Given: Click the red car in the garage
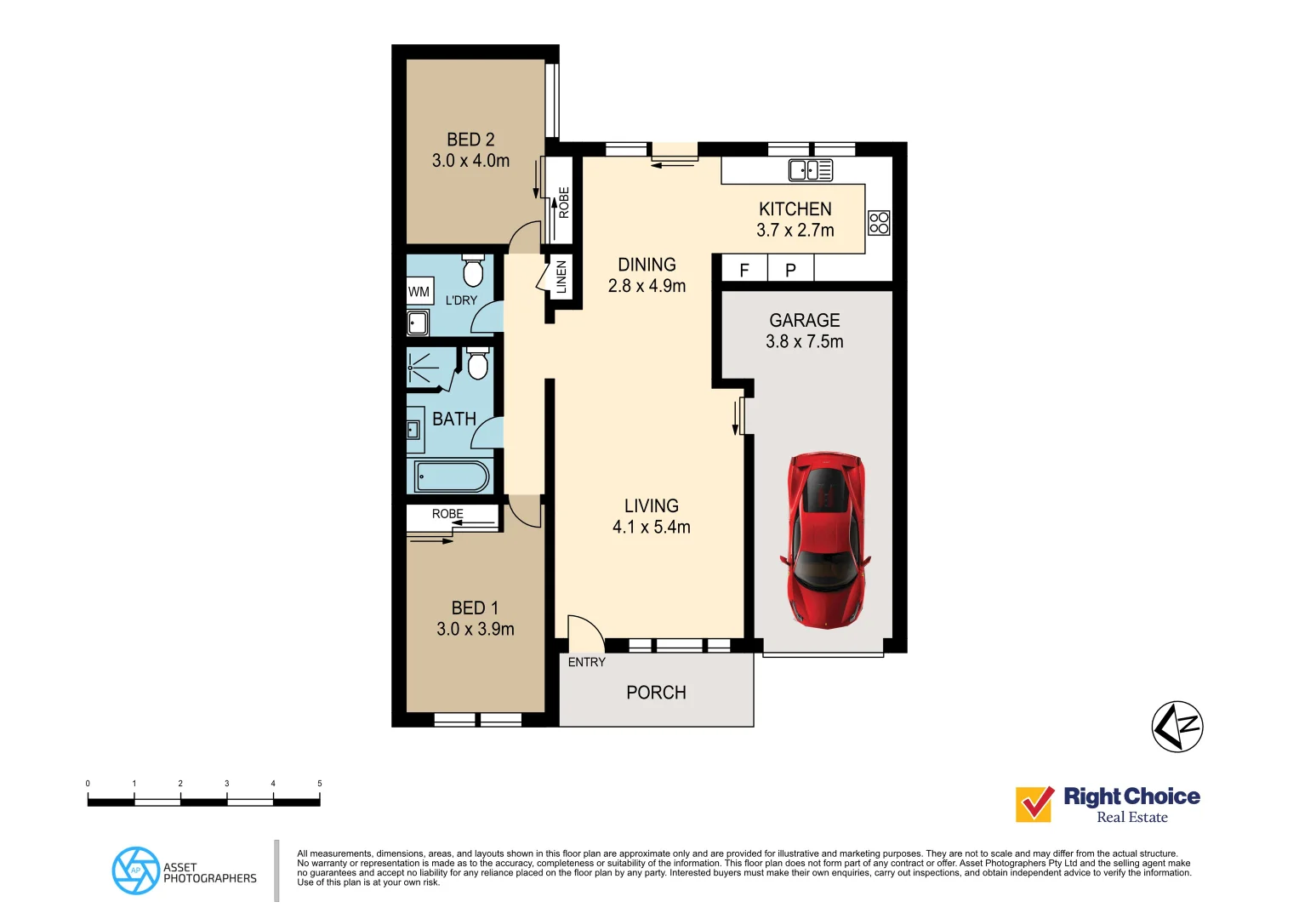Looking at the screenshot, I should (825, 540).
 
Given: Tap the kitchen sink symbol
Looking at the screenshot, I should (810, 170).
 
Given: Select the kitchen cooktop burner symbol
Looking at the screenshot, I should (879, 223).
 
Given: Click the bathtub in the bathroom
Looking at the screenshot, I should (452, 477).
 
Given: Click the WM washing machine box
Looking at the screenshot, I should (419, 292).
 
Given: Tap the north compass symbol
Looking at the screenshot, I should (1177, 727).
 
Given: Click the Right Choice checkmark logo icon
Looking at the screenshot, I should (1034, 804).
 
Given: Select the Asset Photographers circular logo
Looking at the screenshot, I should (136, 870).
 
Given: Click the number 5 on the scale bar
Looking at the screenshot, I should (320, 783).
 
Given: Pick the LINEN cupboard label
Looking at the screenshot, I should (561, 277).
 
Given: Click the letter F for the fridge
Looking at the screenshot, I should (744, 271).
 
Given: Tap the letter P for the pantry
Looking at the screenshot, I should (790, 271).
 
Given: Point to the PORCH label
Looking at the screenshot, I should (656, 693).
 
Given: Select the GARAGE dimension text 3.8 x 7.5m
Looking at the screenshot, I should (805, 342).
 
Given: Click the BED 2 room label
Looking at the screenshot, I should (470, 140).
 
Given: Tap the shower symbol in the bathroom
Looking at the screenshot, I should (424, 368).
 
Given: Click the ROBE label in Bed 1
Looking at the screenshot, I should (447, 514).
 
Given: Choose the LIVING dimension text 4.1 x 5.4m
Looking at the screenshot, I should (652, 528).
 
